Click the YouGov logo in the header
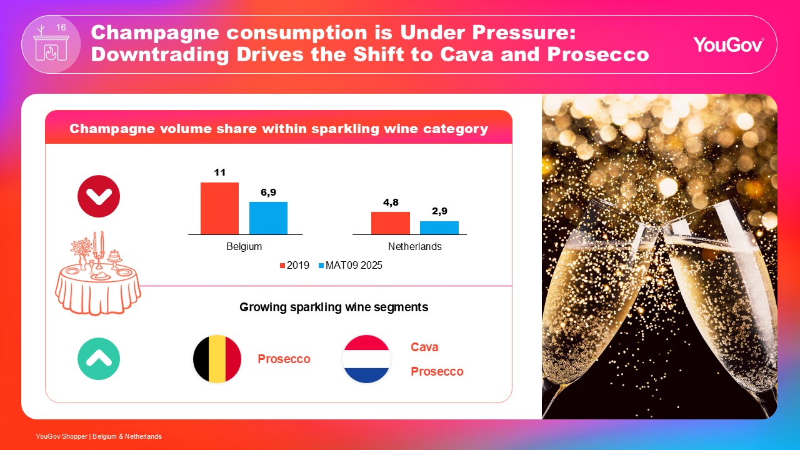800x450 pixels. point(728,44)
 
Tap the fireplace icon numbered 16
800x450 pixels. point(51,44)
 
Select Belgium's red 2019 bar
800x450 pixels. point(219,208)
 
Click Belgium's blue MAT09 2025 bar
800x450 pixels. point(268,217)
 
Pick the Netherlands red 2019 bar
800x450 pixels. point(390,222)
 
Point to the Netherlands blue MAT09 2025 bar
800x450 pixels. point(439,227)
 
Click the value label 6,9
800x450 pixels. point(268,192)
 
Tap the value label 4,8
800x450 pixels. point(390,202)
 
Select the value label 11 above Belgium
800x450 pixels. point(219,172)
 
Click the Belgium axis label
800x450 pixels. point(244,247)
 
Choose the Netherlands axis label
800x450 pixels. point(414,247)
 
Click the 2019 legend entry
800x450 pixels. point(294,266)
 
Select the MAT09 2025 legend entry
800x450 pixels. point(351,266)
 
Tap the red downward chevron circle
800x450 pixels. point(99,196)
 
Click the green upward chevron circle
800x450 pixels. point(99,359)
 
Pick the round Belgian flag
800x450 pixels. point(217,359)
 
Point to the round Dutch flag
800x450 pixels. point(366,359)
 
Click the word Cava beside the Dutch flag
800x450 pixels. point(424,347)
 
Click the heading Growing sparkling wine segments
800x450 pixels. point(334,307)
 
